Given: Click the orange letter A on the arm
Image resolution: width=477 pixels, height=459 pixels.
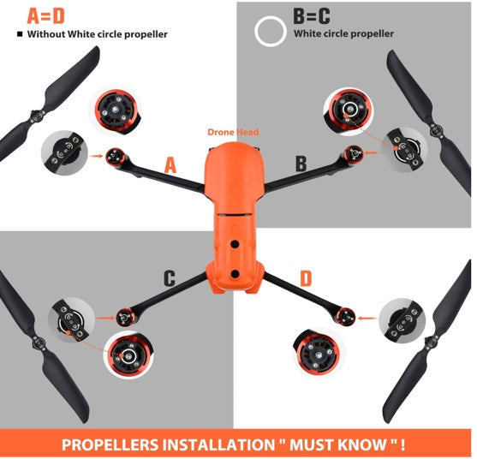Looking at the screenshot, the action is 170,166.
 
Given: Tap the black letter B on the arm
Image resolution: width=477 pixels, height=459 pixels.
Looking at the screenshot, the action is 301,164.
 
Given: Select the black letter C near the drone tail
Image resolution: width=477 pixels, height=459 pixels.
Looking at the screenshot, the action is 170,278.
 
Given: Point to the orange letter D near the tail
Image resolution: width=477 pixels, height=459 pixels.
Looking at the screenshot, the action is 306,278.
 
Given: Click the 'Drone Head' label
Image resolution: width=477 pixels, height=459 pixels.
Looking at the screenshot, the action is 233,132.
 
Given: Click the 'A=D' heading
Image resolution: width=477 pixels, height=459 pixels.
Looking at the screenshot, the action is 46,15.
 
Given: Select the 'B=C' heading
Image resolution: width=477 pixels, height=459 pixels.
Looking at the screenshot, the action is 312,16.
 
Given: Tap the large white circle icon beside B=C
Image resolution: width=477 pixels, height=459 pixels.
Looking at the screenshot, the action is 270,32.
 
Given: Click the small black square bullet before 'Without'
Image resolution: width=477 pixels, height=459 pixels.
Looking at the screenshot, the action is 20,34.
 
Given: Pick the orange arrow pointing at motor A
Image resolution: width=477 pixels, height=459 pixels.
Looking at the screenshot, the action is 97,156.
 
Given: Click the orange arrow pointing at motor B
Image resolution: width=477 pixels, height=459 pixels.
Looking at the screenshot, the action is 372,152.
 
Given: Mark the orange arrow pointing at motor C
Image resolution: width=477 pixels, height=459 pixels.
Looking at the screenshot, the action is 105,319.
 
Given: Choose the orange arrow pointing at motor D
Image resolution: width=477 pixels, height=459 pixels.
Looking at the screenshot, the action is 367,319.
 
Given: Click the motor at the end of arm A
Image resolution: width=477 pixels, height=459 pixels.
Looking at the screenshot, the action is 115,157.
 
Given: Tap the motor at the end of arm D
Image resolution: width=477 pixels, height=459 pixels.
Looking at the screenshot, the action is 346,316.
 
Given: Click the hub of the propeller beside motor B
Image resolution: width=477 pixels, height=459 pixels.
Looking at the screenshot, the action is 437,130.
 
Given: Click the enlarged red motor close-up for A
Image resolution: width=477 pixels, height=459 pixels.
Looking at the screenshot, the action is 116,110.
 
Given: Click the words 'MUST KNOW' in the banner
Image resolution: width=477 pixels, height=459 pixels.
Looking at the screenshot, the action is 337,444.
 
